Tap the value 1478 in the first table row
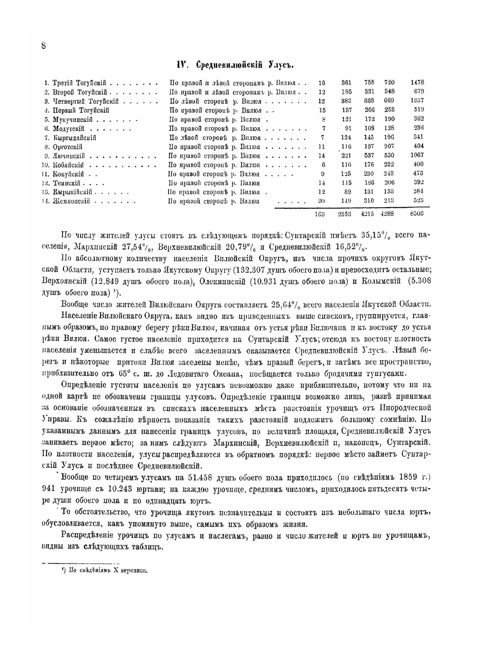(417, 83)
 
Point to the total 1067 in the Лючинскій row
(417, 156)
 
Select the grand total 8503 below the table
(417, 214)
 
